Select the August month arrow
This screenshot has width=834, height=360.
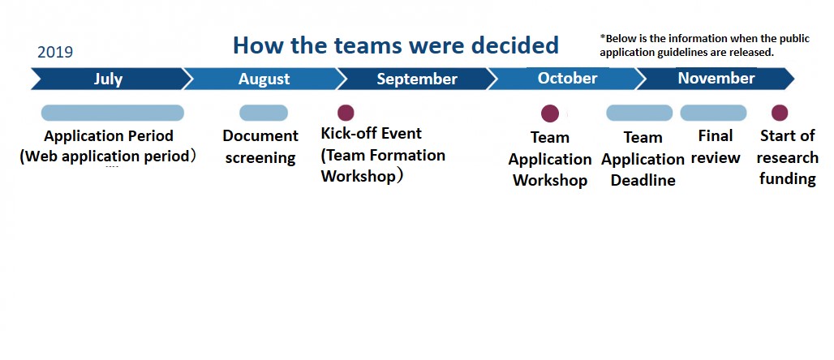[x=264, y=79]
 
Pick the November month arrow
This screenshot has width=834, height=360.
[x=716, y=79]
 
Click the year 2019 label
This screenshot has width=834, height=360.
[x=55, y=52]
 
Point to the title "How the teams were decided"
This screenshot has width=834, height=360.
[x=396, y=45]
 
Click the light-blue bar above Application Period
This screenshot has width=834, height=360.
[x=113, y=113]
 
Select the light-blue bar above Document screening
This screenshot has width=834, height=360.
[x=264, y=113]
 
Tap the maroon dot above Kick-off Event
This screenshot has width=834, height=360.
[x=346, y=113]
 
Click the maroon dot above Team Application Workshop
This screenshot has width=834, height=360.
[x=550, y=114]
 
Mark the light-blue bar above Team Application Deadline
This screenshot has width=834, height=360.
[x=639, y=113]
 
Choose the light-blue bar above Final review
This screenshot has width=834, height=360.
[x=713, y=113]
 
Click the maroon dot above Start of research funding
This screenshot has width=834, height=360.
[x=780, y=113]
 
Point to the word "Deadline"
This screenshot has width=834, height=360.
[x=643, y=180]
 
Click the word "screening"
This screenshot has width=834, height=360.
[x=260, y=158]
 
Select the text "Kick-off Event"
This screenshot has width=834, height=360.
[x=372, y=133]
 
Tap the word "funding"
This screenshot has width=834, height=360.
[x=788, y=178]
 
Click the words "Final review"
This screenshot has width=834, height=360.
[x=716, y=147]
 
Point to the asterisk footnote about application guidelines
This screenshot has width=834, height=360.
[x=705, y=45]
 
